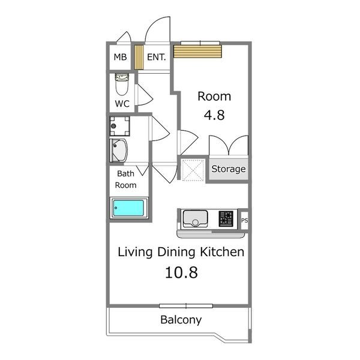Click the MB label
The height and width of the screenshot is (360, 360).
[x=120, y=57]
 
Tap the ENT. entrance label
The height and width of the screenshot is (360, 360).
[x=157, y=57]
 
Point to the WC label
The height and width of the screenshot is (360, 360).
[x=122, y=104]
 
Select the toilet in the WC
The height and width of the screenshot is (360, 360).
[x=122, y=84]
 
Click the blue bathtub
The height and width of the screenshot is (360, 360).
[x=128, y=208]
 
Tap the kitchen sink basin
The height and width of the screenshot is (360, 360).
[x=195, y=219]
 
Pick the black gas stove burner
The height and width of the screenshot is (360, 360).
[x=226, y=219]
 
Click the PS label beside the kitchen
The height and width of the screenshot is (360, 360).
[x=245, y=220]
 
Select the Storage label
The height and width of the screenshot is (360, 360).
[x=229, y=169]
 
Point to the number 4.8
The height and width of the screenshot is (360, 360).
[x=214, y=115]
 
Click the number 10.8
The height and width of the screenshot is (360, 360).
[x=181, y=272]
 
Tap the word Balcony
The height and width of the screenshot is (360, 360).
[x=181, y=320]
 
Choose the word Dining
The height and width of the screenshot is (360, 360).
[x=176, y=252]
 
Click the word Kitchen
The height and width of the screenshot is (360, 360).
[x=222, y=252]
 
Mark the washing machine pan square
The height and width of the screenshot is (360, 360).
[x=119, y=126]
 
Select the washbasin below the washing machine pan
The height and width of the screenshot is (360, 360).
[x=119, y=151]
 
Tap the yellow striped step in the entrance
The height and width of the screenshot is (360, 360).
[x=139, y=57]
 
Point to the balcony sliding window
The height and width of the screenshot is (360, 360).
[x=186, y=306]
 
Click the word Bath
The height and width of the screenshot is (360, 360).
[x=125, y=173]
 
